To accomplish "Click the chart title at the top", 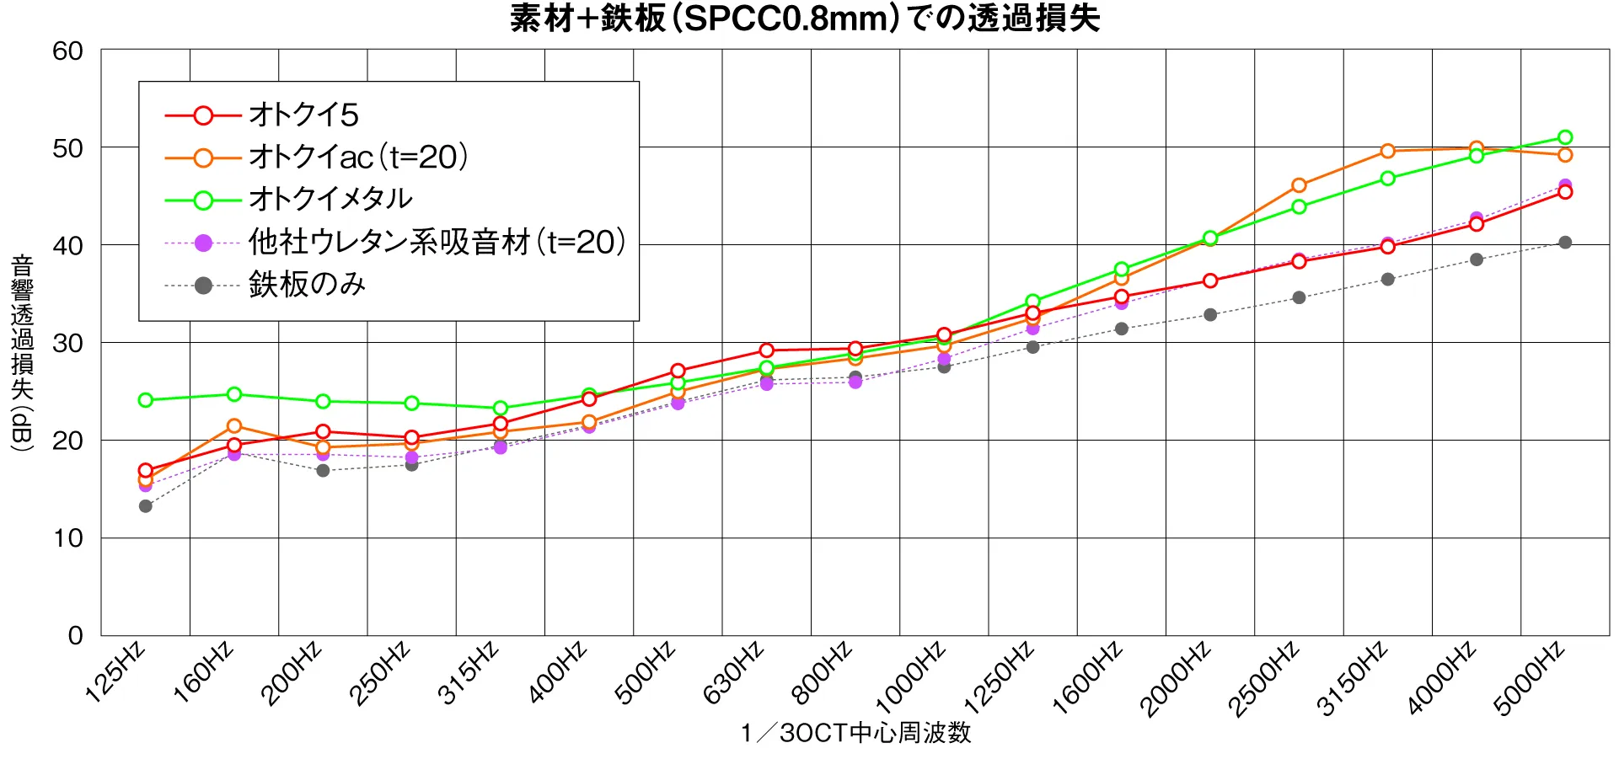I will pyautogui.click(x=805, y=19).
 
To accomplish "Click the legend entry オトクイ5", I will pyautogui.click(x=303, y=115).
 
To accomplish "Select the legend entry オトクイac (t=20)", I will pyautogui.click(x=357, y=158).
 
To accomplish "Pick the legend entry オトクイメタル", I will pyautogui.click(x=330, y=200).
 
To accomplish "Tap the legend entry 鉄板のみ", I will pyautogui.click(x=307, y=285).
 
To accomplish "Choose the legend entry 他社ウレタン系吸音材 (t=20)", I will pyautogui.click(x=437, y=243).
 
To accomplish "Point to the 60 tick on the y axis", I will pyautogui.click(x=68, y=51).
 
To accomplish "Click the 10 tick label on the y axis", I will pyautogui.click(x=68, y=538).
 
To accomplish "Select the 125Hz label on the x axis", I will pyautogui.click(x=116, y=671).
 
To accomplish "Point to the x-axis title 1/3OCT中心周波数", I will pyautogui.click(x=855, y=733).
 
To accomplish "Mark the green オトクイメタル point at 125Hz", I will pyautogui.click(x=146, y=400).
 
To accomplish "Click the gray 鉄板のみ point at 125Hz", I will pyautogui.click(x=146, y=506).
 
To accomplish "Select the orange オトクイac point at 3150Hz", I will pyautogui.click(x=1387, y=152).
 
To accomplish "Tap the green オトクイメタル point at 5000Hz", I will pyautogui.click(x=1565, y=137).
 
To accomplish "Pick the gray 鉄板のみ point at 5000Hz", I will pyautogui.click(x=1565, y=243).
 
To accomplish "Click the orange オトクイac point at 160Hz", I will pyautogui.click(x=234, y=426).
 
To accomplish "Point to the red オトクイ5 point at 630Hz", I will pyautogui.click(x=766, y=350).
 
